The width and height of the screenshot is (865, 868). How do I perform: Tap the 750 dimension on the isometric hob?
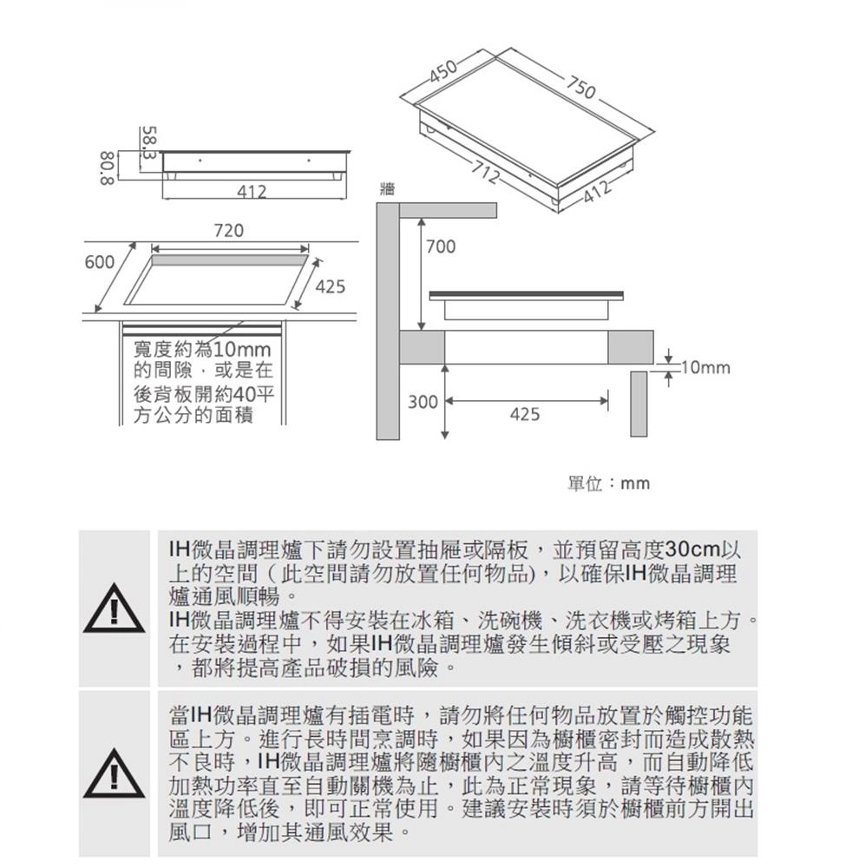click(x=580, y=86)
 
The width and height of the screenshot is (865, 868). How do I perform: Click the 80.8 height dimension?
click(x=107, y=167)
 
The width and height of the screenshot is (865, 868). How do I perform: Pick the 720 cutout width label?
click(x=228, y=231)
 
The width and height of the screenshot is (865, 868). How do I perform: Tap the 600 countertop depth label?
click(x=100, y=262)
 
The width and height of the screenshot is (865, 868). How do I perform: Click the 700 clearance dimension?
click(x=440, y=248)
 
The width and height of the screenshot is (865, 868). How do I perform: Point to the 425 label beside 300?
click(x=524, y=415)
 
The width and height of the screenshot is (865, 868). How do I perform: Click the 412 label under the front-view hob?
click(x=252, y=191)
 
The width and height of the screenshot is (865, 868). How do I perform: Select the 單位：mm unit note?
click(x=607, y=483)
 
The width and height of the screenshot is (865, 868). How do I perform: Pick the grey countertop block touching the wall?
click(x=423, y=347)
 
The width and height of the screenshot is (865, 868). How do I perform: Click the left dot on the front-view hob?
click(x=200, y=160)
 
